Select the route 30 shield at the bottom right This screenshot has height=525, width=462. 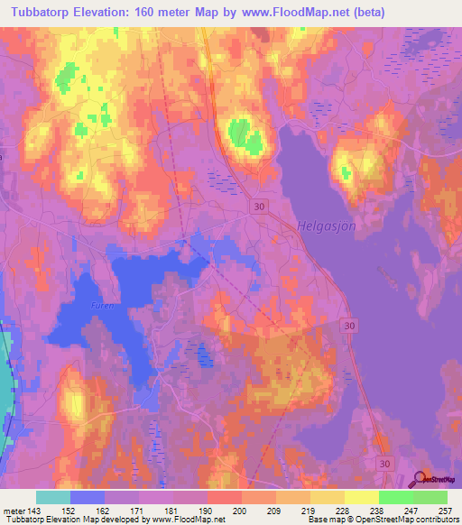coord(386,463)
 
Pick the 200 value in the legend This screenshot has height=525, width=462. coord(240,510)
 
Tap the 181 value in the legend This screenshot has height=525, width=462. coord(171,510)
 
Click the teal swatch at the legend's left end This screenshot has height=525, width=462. coord(53,497)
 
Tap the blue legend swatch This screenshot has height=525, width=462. coord(88,497)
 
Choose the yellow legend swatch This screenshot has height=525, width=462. coord(361,497)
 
